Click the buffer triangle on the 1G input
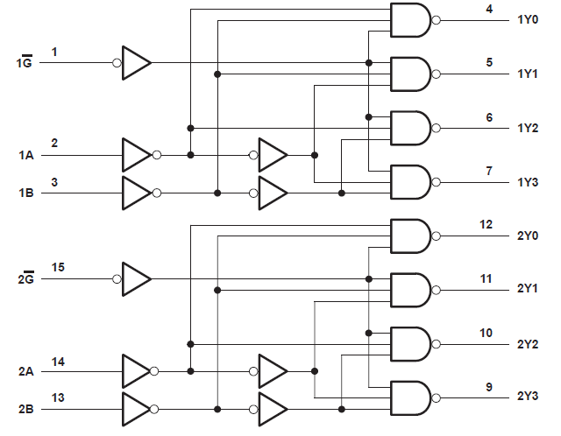[x=136, y=63]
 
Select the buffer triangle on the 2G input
[x=136, y=279]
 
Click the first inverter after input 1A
[x=136, y=155]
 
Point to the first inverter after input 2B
[x=136, y=409]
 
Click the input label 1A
[x=25, y=156]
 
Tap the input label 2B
[x=25, y=409]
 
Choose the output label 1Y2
[x=528, y=128]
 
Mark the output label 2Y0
[x=528, y=236]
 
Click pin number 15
[x=58, y=266]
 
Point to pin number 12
[x=486, y=224]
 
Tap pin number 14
[x=58, y=361]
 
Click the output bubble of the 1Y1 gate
[x=436, y=74]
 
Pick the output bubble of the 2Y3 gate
[x=436, y=397]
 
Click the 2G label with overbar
[x=25, y=279]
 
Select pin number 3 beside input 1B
[x=54, y=182]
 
